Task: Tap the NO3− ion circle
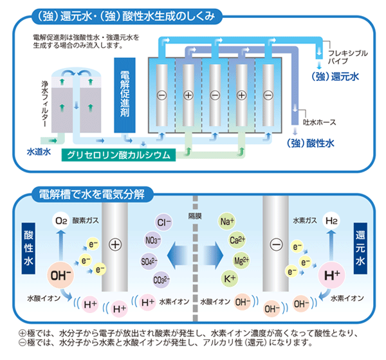point(151,242)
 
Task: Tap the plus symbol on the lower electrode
point(116,245)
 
